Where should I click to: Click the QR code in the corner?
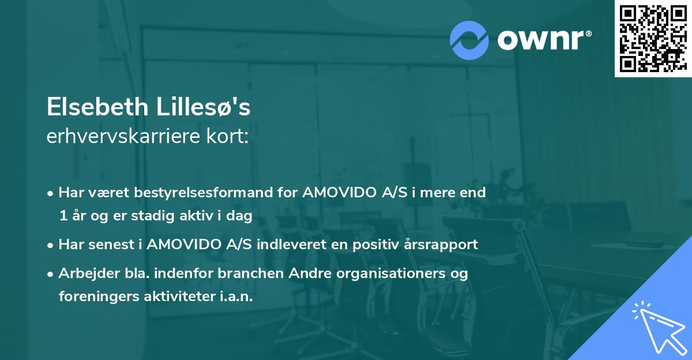(x=653, y=38)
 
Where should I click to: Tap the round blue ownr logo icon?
(x=469, y=39)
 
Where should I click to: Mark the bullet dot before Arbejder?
(x=51, y=273)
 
